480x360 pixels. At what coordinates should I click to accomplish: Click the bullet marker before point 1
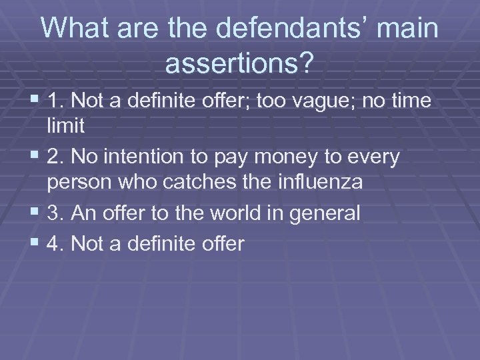35,101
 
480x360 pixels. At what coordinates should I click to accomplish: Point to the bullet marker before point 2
35,157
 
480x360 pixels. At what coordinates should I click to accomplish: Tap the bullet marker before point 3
35,213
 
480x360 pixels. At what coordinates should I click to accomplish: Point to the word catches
187,182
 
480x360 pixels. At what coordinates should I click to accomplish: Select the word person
81,182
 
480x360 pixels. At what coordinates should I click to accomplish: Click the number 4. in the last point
56,244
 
